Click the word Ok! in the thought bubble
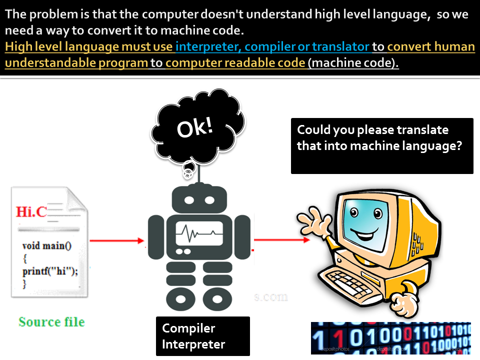pos(195,127)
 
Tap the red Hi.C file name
pos(31,211)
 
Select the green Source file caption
pos(51,321)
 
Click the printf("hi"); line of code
pos(50,271)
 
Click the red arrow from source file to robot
pos(116,241)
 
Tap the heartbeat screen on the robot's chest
pos(199,232)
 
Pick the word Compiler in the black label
pos(188,328)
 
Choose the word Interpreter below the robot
pos(193,344)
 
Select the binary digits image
pos(390,337)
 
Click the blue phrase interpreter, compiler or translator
pos(272,47)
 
